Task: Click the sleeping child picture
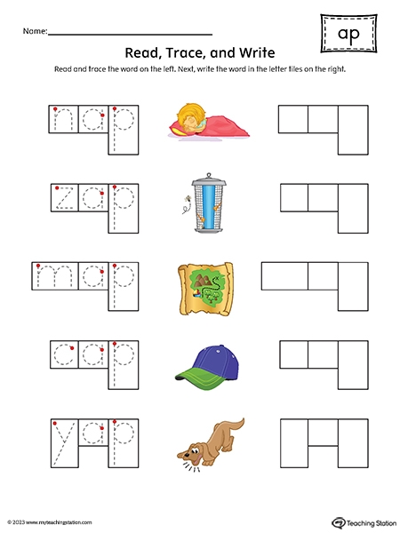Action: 209,121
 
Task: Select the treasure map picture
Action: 205,289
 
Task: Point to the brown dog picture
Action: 211,444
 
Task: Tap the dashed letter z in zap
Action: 65,198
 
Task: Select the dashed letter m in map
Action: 55,276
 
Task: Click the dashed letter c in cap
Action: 64,354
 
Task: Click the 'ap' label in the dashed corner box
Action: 348,35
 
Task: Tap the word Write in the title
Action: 257,52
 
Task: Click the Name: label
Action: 35,31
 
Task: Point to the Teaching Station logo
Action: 364,522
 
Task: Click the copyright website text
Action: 50,522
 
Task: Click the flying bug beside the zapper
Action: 186,200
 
